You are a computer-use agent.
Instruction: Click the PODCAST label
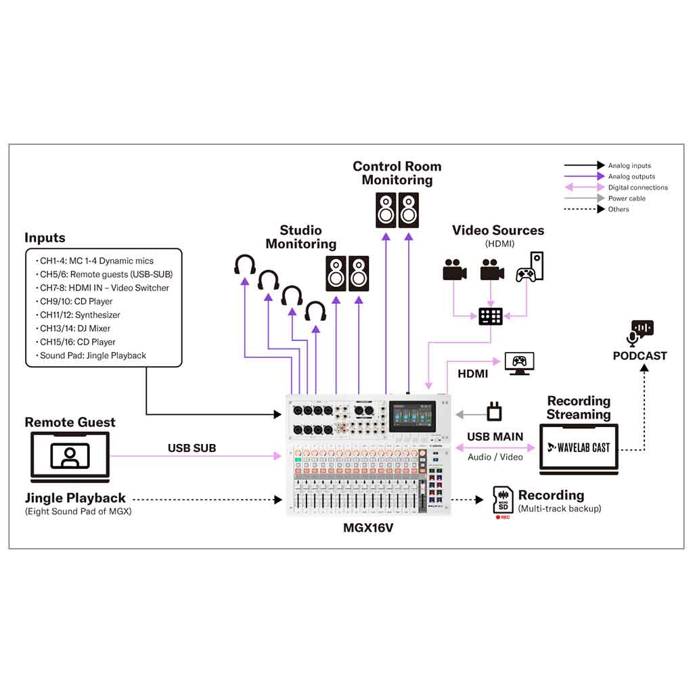pos(640,356)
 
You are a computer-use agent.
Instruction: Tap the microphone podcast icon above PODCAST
pos(642,332)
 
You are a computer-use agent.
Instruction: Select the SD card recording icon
pos(503,499)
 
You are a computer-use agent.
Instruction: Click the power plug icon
pos(494,411)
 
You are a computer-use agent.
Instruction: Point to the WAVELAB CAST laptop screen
pos(579,447)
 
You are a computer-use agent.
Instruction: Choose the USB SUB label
pos(192,448)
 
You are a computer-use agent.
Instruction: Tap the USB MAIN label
pos(495,437)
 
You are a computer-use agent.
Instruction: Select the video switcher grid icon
pos(491,316)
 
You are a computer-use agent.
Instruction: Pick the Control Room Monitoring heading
pos(397,173)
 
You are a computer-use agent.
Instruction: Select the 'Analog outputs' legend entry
pos(631,177)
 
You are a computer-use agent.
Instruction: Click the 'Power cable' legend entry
pos(627,198)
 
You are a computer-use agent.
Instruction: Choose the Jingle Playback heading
pos(75,499)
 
